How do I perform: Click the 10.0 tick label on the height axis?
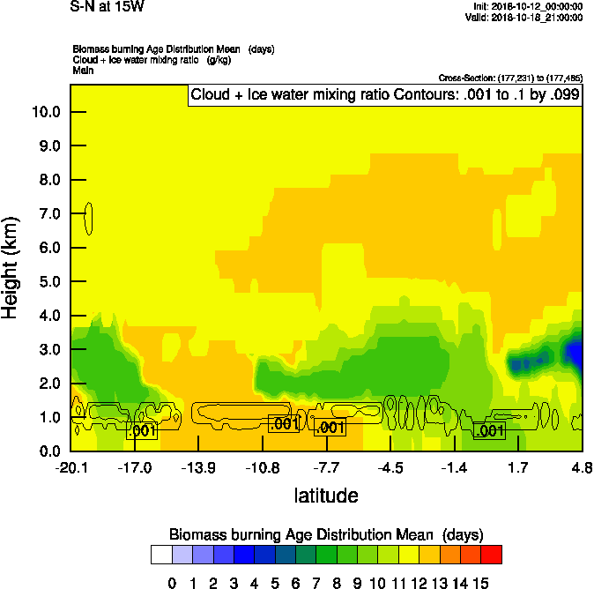[46, 112]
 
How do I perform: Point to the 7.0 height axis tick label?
[49, 213]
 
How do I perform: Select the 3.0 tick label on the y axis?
[49, 349]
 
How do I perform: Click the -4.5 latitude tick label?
[390, 466]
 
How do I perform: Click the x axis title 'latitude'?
[326, 496]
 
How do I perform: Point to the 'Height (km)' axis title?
[11, 268]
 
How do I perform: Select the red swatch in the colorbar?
[492, 554]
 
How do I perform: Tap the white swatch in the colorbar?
[160, 554]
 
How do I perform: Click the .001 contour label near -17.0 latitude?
[142, 431]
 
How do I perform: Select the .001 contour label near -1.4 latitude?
[489, 430]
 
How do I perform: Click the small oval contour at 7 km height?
[88, 218]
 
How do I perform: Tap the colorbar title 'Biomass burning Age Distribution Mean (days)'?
[326, 534]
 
